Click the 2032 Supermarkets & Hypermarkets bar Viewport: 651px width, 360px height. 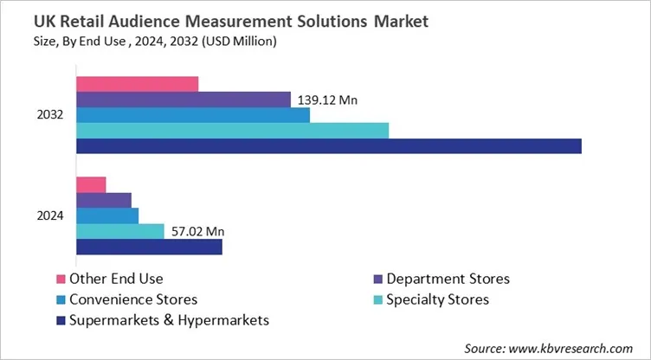329,145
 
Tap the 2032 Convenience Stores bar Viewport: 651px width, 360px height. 193,115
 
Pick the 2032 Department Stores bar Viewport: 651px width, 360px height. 184,100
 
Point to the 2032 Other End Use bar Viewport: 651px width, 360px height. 137,84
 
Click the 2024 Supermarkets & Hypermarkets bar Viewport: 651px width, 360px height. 149,247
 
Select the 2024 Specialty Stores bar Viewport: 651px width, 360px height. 119,231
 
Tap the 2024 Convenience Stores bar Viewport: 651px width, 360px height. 107,215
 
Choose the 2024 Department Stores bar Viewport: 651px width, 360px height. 104,200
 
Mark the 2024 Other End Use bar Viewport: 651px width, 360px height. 91,184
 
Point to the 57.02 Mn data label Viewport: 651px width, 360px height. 196,231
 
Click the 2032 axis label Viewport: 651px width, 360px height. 51,115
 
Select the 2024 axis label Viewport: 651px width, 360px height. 51,215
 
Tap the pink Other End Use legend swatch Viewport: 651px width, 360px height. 61,279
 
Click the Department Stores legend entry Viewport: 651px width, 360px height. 448,279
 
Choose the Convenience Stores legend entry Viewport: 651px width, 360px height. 133,299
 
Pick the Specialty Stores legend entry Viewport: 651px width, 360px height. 437,299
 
